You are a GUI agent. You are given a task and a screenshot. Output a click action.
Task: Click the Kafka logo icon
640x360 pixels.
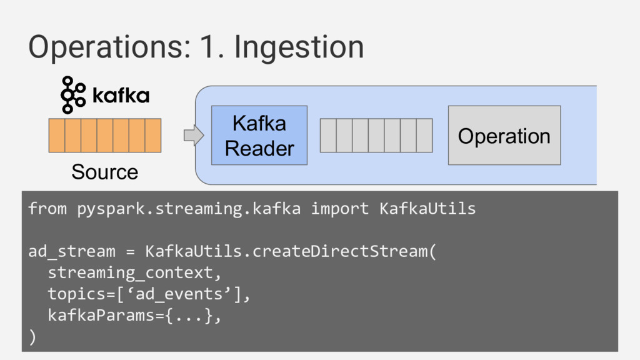[73, 95]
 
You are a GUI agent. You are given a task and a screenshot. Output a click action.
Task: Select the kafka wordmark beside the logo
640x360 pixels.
[121, 95]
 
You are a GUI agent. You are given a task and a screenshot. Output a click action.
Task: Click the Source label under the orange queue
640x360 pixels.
[105, 172]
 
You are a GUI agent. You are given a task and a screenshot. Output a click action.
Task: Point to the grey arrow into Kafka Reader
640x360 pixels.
[194, 135]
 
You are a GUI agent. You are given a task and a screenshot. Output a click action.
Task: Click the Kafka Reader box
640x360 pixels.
[259, 135]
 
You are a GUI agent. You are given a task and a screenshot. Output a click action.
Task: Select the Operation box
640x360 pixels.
[504, 135]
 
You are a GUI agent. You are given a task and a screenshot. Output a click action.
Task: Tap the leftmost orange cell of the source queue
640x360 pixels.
[57, 136]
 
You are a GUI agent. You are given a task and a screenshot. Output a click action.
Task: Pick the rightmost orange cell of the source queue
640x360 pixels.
[153, 136]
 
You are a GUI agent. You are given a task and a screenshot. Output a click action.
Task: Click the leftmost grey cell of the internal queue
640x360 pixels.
[328, 136]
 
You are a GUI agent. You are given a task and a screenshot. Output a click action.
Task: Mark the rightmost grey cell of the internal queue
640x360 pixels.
[424, 136]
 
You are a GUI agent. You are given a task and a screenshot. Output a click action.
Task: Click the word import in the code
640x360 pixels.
[340, 209]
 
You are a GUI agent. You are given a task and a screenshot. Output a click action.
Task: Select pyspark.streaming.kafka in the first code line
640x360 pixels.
[189, 209]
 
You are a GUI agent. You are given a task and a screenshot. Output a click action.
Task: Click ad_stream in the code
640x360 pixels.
[72, 251]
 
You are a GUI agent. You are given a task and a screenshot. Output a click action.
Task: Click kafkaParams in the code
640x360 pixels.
[101, 316]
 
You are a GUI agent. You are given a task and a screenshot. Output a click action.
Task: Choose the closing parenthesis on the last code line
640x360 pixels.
[32, 337]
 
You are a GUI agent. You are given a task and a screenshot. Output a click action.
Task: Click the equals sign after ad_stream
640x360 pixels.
[130, 252]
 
